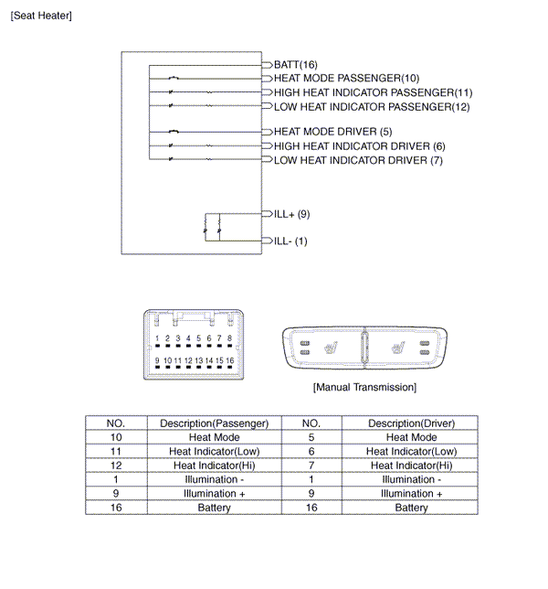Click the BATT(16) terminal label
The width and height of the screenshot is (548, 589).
[x=296, y=65]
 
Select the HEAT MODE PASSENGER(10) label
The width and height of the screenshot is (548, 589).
[x=346, y=78]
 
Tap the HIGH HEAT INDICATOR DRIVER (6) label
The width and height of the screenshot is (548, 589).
[x=359, y=146]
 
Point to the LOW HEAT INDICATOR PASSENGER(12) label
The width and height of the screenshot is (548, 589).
[x=372, y=107]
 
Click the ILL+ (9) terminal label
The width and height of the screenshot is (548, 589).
[x=292, y=214]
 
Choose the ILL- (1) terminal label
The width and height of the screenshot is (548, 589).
[x=290, y=241]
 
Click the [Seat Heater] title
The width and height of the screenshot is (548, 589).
[x=41, y=16]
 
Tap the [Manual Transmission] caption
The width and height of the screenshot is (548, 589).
[x=364, y=387]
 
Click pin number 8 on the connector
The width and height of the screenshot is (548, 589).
[x=229, y=338]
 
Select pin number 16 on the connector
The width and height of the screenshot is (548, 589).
[x=229, y=360]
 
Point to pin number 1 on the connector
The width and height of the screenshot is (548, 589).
[x=157, y=338]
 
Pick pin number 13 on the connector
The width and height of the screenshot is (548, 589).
[x=198, y=360]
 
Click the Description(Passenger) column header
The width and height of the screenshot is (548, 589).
[x=214, y=423]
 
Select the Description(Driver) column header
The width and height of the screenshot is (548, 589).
[x=411, y=423]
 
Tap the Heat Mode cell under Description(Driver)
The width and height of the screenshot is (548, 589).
[x=411, y=437]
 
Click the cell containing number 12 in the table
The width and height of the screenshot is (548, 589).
[x=116, y=466]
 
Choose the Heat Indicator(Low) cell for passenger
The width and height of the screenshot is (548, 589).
[x=214, y=452]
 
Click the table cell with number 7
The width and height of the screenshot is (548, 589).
[x=311, y=466]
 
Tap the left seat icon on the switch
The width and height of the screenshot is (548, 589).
[x=331, y=348]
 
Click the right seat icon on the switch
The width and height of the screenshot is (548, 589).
[x=397, y=348]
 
